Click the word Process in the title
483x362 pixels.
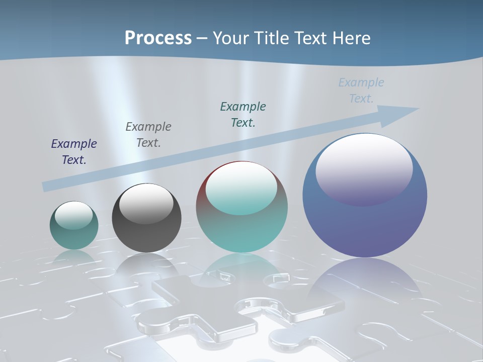click(158, 38)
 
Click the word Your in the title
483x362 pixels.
click(232, 38)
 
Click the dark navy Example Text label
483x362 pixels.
click(74, 152)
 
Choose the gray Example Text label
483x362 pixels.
click(148, 135)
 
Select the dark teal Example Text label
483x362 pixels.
click(243, 114)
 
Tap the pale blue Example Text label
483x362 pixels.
click(361, 90)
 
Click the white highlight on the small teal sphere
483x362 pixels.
click(73, 215)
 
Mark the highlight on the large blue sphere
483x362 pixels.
click(364, 168)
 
